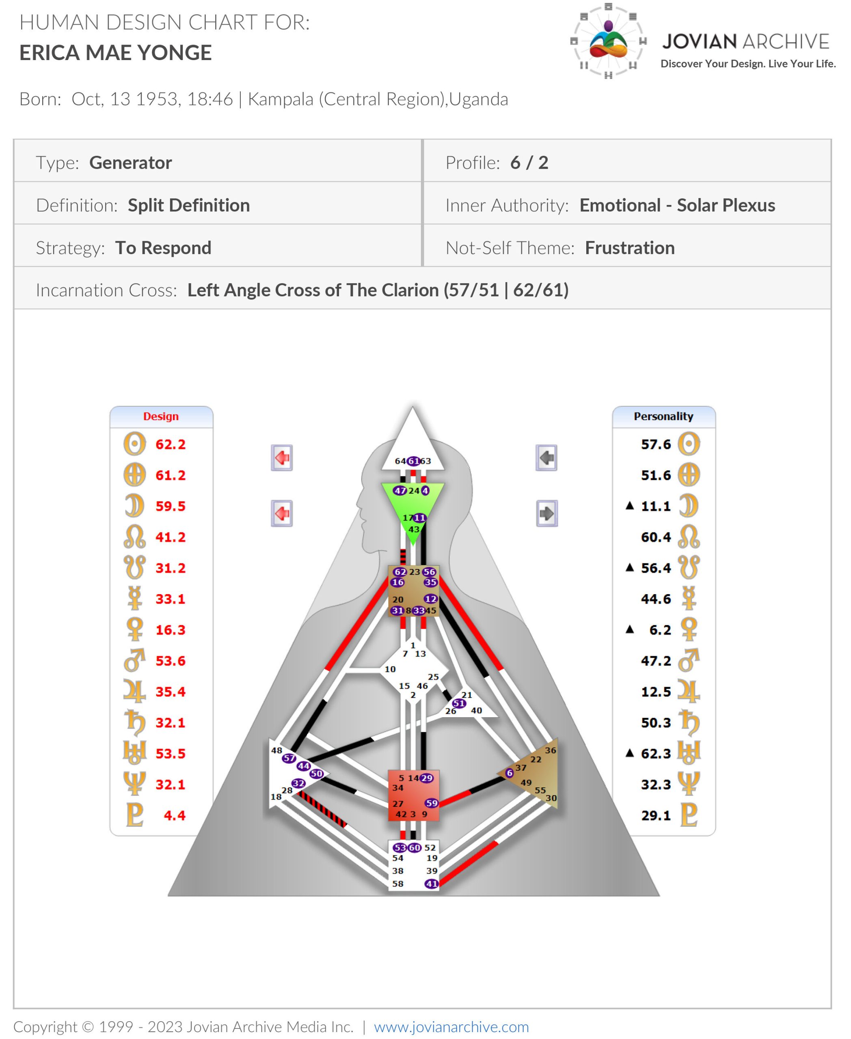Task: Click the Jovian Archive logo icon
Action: (x=608, y=41)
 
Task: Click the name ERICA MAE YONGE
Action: (x=115, y=52)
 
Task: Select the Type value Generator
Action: (x=130, y=163)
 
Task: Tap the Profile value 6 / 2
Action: (x=529, y=163)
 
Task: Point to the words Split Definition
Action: (x=189, y=205)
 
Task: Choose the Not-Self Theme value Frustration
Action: (x=629, y=248)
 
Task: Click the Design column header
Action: (x=161, y=416)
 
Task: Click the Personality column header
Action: (x=663, y=416)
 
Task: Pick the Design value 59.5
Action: (x=171, y=506)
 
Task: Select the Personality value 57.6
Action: (x=656, y=444)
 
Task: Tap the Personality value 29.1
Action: (x=656, y=815)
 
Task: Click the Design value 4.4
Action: (x=175, y=815)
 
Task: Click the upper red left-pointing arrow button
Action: (x=282, y=458)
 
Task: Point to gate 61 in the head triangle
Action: (x=413, y=461)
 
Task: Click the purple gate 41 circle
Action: (x=431, y=884)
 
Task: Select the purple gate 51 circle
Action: (x=459, y=703)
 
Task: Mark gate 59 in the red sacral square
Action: (x=431, y=803)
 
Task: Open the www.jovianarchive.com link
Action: (x=451, y=1026)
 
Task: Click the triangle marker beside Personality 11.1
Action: (x=630, y=505)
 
